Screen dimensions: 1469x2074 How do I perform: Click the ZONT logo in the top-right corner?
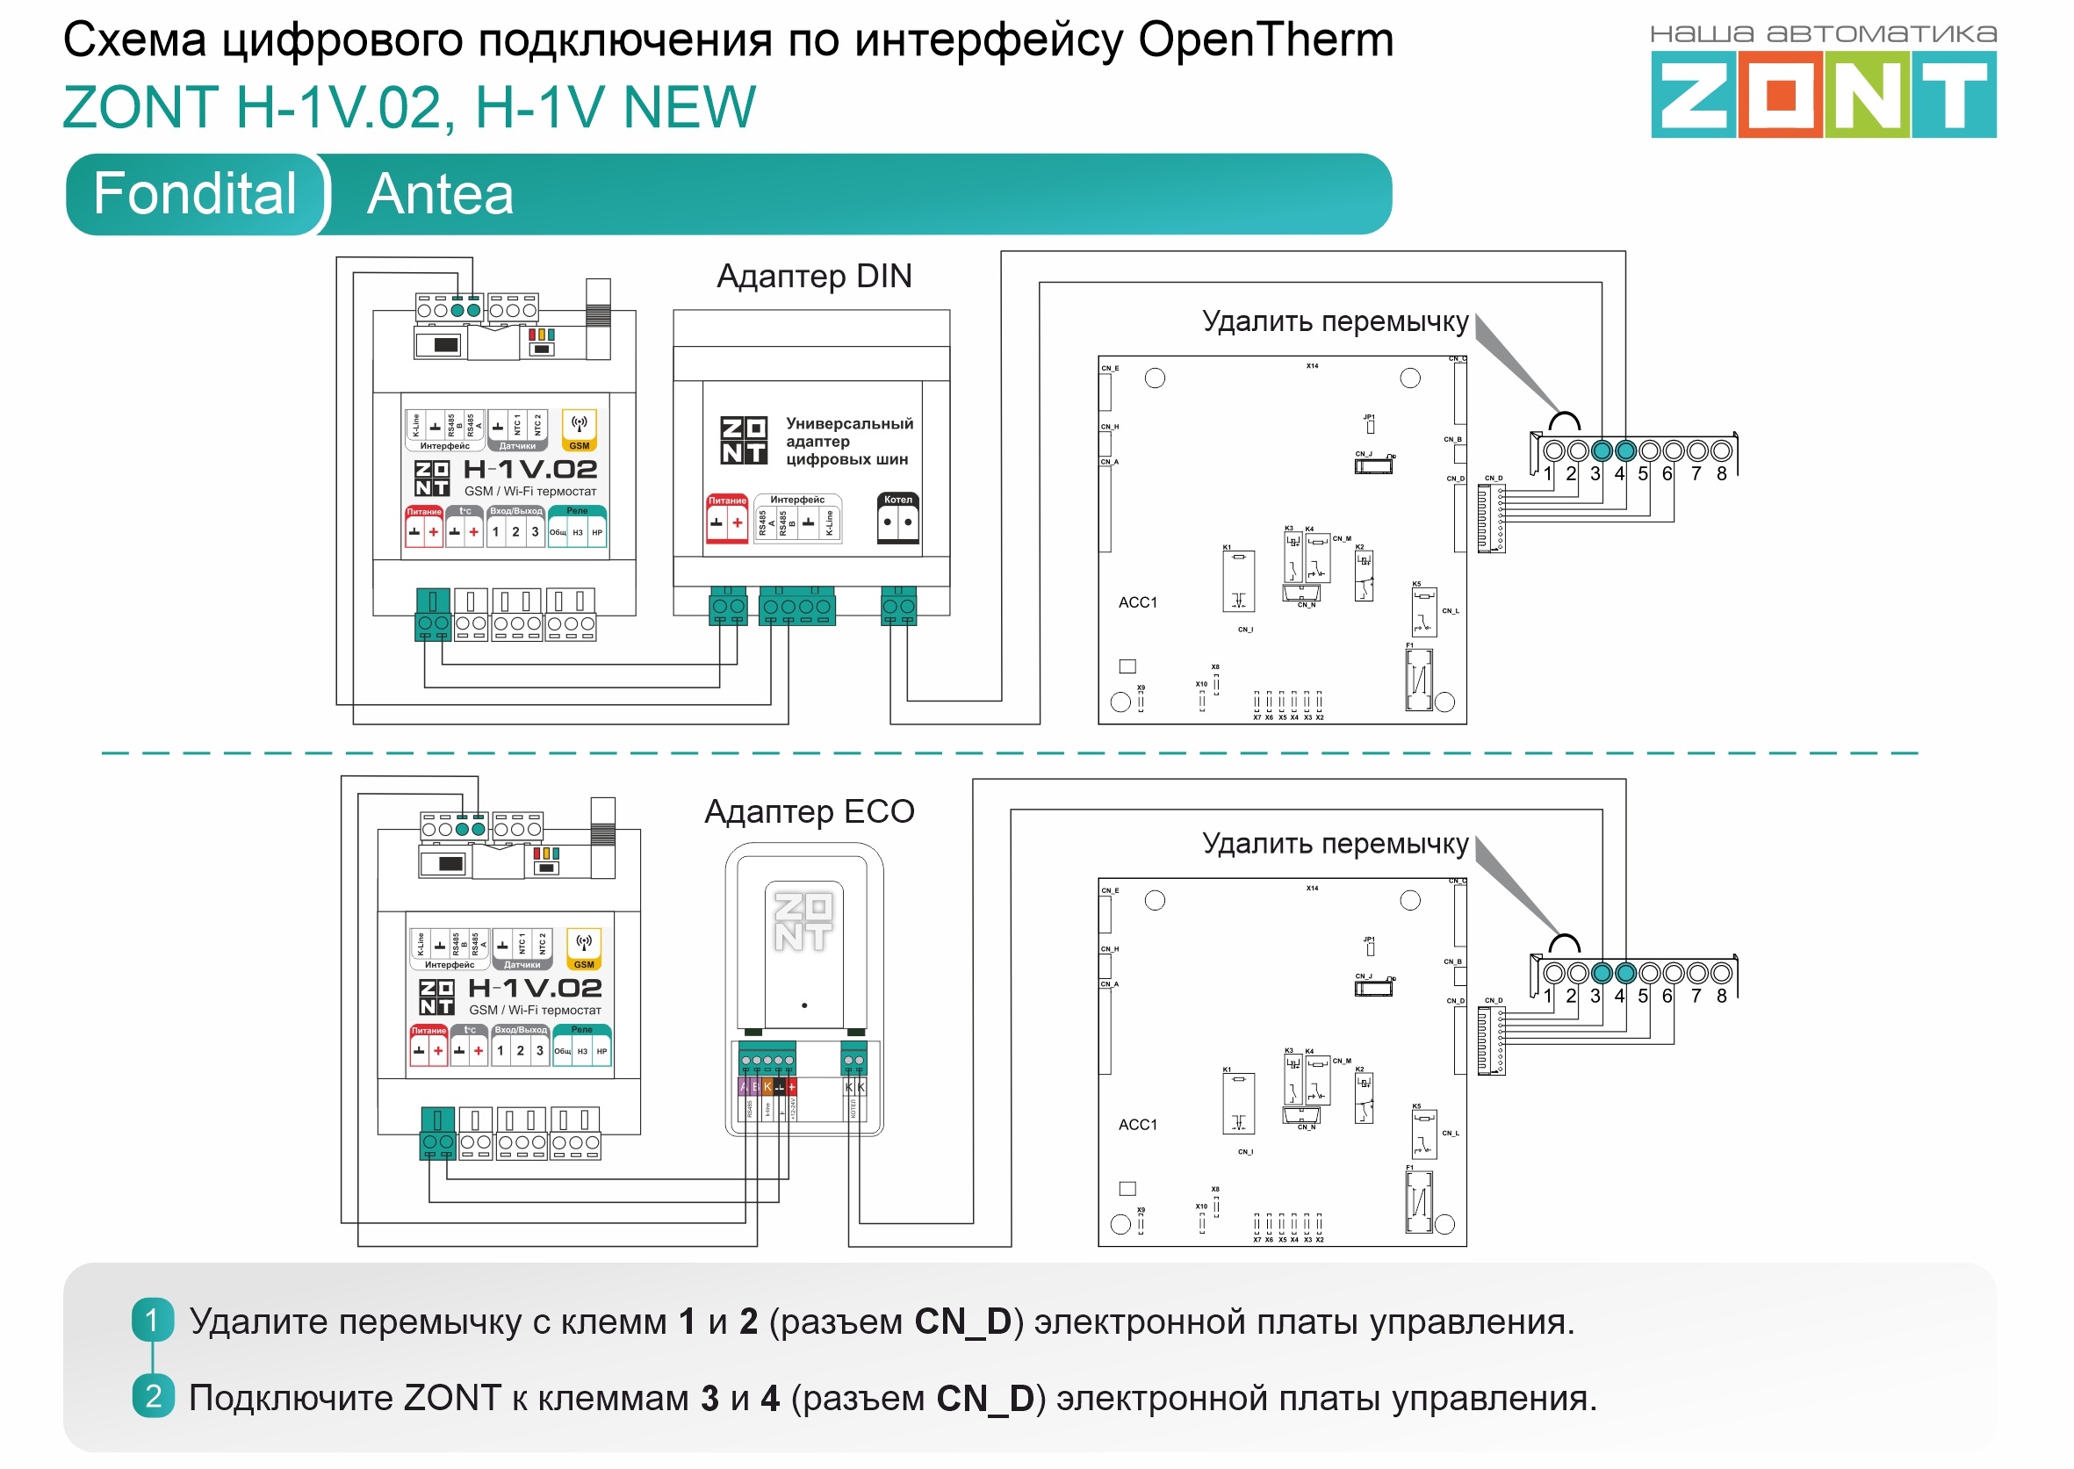pos(1823,93)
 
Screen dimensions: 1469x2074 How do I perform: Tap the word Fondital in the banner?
pos(194,193)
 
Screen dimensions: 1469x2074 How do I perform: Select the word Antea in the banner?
pos(441,194)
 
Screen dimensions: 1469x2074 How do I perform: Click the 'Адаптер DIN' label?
pos(814,276)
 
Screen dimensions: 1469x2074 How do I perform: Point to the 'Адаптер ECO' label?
pos(810,811)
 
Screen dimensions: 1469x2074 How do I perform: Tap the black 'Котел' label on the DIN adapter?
pos(898,500)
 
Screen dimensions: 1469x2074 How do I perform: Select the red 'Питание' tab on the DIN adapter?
pos(727,500)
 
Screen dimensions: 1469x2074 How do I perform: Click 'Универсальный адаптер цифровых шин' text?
pos(848,442)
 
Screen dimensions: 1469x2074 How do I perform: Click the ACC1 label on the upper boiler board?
pos(1138,602)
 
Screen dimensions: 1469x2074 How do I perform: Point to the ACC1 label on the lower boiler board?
pos(1138,1125)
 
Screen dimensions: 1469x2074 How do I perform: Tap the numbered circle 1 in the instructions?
pos(153,1321)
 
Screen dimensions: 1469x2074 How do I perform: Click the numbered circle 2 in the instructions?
pos(153,1397)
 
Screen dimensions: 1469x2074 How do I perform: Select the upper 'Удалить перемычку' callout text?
pos(1335,321)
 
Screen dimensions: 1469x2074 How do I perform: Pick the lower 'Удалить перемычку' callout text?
pos(1335,843)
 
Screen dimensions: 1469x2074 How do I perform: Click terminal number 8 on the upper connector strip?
pos(1721,473)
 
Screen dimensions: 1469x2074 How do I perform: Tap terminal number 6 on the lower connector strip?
pos(1667,996)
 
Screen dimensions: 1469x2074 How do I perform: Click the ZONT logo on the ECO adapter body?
pos(803,922)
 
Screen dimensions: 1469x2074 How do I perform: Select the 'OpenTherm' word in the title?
pos(1265,40)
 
